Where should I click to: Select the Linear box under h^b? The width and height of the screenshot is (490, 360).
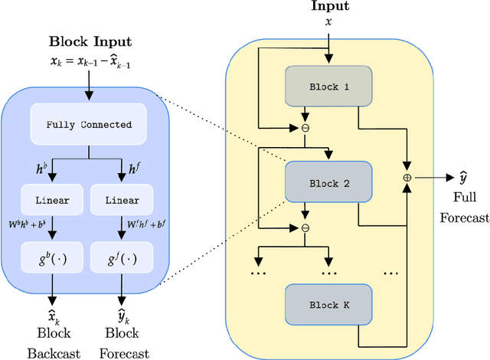[x=51, y=201]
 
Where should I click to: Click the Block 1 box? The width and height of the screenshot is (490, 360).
[x=328, y=87]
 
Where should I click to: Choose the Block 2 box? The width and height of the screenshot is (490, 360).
[x=328, y=183]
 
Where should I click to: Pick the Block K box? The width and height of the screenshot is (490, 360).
[x=328, y=304]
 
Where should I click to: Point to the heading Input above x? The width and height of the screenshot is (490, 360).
[x=328, y=6]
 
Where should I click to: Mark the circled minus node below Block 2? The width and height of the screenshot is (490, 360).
[x=305, y=227]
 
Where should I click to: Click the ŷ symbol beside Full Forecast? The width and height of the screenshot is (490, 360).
[x=463, y=178]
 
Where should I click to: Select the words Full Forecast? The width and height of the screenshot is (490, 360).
[x=463, y=208]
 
